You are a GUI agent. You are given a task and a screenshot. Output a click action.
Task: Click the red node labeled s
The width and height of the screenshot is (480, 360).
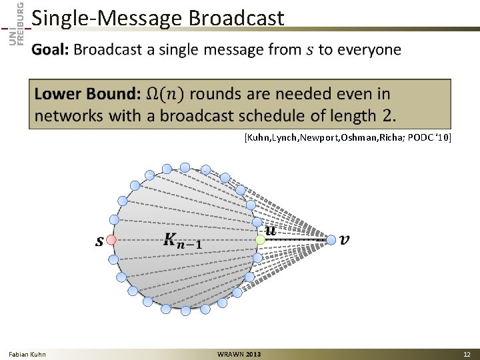[x=112, y=239]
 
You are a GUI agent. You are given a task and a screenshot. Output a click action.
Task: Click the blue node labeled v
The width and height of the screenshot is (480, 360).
[x=331, y=239]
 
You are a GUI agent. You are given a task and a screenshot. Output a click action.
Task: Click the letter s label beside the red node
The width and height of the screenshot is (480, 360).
[x=99, y=241]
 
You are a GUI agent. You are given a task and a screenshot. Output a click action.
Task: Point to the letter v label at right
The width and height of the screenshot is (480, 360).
[x=344, y=239]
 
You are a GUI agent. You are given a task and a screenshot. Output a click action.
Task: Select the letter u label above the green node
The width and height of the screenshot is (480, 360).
[x=270, y=230]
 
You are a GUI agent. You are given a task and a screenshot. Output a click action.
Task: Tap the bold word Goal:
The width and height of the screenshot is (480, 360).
[x=51, y=50]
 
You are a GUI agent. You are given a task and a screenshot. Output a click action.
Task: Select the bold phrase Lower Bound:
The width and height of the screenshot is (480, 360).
[x=87, y=95]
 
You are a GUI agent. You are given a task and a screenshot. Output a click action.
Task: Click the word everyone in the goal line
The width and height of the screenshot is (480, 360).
[x=369, y=50]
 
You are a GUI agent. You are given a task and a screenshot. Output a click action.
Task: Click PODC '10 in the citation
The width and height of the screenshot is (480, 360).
[x=428, y=137]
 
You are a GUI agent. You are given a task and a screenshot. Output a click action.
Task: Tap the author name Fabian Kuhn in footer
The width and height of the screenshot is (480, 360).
[x=27, y=354]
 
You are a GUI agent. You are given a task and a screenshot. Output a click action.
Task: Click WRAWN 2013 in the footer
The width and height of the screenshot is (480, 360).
[x=239, y=354]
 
